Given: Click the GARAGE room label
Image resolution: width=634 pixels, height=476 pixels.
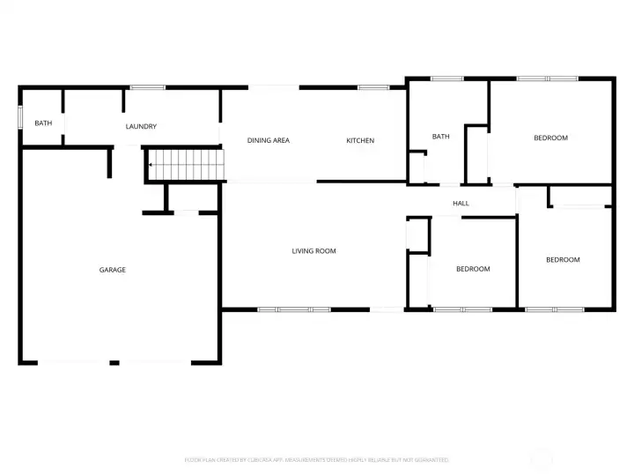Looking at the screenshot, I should coord(112,270).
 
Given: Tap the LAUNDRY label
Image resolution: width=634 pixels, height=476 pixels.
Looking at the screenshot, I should coord(141,127).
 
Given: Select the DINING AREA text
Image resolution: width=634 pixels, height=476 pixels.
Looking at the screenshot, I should coord(269,141).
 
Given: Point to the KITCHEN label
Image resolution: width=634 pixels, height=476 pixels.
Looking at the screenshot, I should coord(360,141).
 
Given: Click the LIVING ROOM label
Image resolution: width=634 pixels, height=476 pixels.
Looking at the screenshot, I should coord(314,251).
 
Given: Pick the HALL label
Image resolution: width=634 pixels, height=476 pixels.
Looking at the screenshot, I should coord(461,204).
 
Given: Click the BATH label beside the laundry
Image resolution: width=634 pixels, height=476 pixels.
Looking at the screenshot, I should coord(42,123).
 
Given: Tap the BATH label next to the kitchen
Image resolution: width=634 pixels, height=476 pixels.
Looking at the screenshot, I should coord(441,137).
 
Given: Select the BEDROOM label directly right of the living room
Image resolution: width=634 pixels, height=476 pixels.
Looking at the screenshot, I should coord(473,269).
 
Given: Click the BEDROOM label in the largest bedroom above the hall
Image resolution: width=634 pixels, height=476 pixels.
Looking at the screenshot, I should coord(550,138).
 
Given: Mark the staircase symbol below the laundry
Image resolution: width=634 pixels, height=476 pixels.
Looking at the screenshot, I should coord(186,164).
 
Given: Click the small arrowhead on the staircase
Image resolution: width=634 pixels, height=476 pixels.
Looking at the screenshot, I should coord(151,165).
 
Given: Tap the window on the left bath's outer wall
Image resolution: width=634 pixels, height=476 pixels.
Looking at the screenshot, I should coord(20,119).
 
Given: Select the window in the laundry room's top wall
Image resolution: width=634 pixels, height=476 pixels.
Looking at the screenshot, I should coord(147,87).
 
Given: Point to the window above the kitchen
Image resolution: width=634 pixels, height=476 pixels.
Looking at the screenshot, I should coord(373,87).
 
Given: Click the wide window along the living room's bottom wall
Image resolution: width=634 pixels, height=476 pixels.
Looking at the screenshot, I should coord(293,309).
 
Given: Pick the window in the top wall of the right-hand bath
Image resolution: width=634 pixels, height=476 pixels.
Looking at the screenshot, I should coord(446,79).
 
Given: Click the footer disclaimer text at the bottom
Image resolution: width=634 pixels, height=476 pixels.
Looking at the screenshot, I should coord(316,460).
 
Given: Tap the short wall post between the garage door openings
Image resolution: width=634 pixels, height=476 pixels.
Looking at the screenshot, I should coord(114,362).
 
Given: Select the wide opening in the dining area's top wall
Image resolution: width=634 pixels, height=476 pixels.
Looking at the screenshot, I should coord(273,87).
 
